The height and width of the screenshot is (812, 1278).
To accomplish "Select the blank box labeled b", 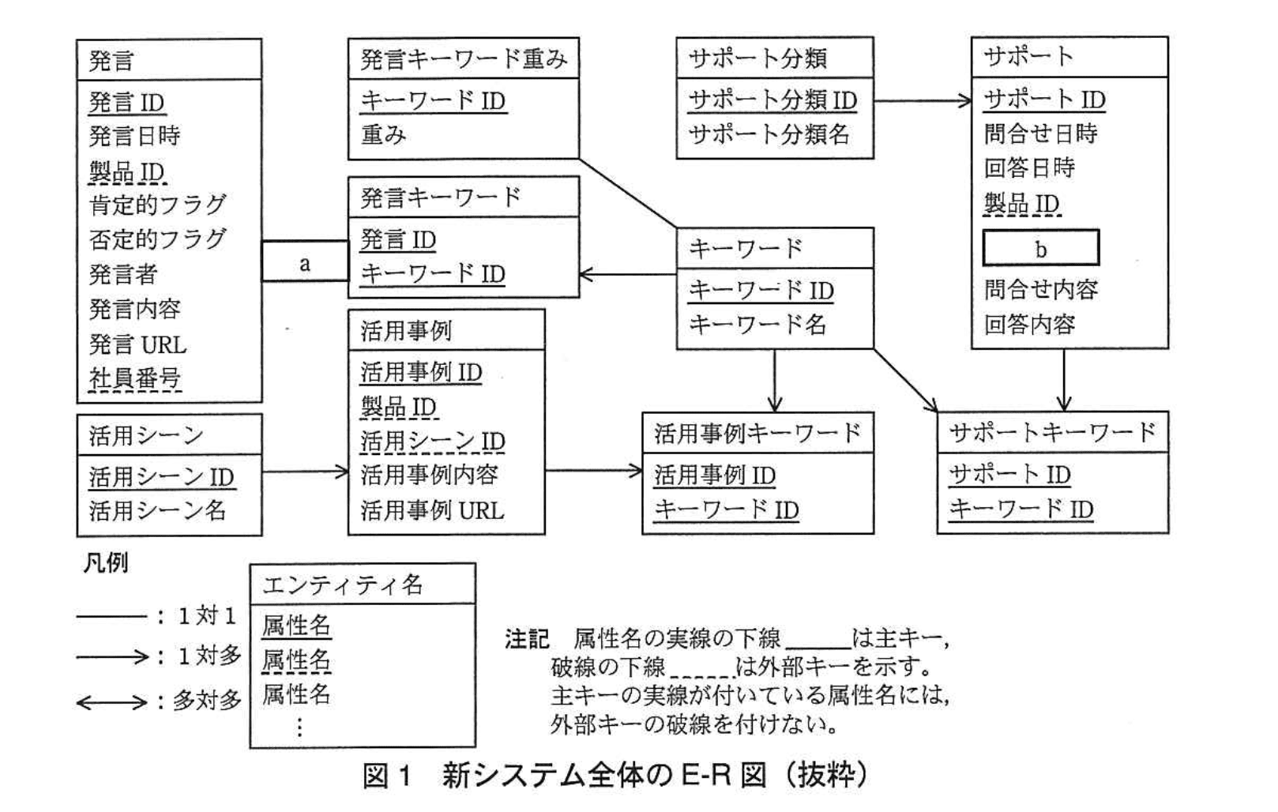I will click(x=1040, y=248).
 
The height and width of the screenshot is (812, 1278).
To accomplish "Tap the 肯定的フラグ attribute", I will click(x=158, y=205).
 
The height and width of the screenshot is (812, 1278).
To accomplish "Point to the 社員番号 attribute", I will click(x=135, y=379).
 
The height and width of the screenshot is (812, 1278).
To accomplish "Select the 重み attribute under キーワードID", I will click(x=384, y=135).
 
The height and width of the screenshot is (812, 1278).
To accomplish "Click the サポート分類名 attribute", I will click(x=769, y=134).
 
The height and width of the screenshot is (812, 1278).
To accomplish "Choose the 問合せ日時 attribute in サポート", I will click(x=1040, y=133).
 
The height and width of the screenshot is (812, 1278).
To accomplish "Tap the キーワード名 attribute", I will click(x=757, y=325).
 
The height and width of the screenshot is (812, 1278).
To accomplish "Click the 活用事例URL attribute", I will click(x=432, y=510).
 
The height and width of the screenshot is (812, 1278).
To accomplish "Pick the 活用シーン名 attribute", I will click(x=157, y=510).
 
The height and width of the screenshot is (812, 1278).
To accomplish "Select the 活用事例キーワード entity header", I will click(x=757, y=433).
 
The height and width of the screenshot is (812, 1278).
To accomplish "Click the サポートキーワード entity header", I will click(x=1052, y=433).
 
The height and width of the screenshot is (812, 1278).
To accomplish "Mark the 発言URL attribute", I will click(x=137, y=344).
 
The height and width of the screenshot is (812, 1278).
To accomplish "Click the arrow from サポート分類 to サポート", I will click(x=922, y=100).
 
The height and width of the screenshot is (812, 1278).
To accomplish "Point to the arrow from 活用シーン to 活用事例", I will click(x=305, y=472).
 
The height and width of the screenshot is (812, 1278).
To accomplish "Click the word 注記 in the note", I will click(x=527, y=638).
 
